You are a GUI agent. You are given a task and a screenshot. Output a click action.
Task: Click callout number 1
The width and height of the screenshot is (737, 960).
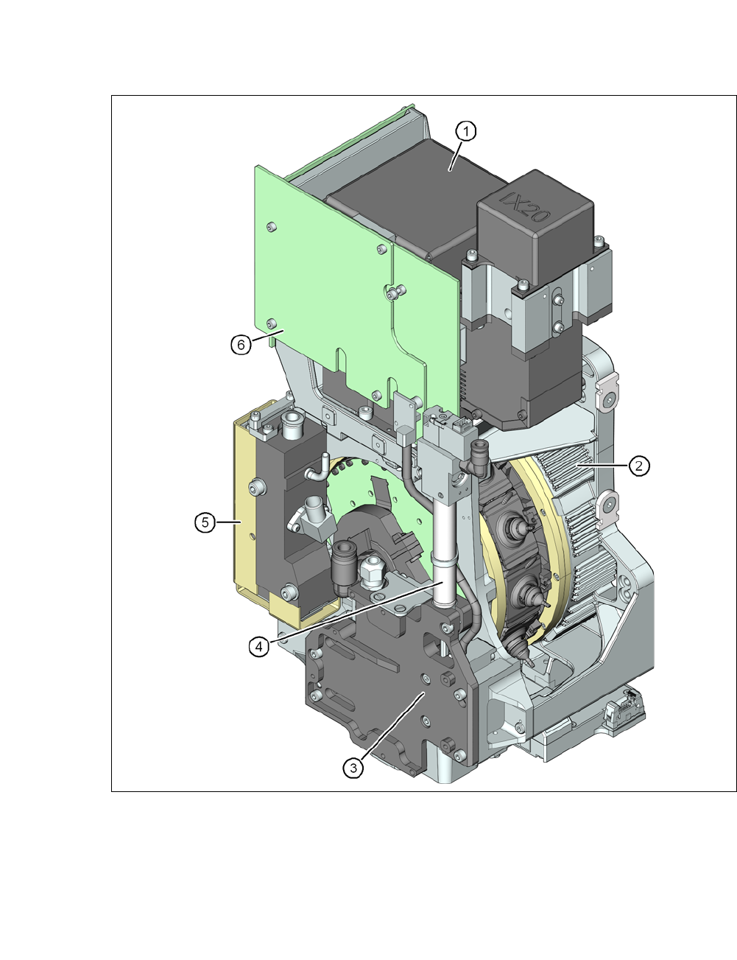(x=465, y=131)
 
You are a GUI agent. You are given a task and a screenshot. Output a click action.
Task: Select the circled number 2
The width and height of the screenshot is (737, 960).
(x=638, y=465)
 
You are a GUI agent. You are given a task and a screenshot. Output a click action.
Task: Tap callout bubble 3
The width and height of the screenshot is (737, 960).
(x=353, y=768)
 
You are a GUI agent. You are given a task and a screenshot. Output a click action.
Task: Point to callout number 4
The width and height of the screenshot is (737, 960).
(x=258, y=647)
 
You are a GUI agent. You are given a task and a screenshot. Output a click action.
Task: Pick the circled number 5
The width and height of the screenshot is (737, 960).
(x=205, y=522)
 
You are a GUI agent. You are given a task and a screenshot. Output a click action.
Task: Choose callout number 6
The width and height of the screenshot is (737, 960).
(x=241, y=344)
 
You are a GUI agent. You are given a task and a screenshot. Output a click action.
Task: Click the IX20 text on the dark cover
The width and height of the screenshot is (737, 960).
(x=526, y=207)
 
